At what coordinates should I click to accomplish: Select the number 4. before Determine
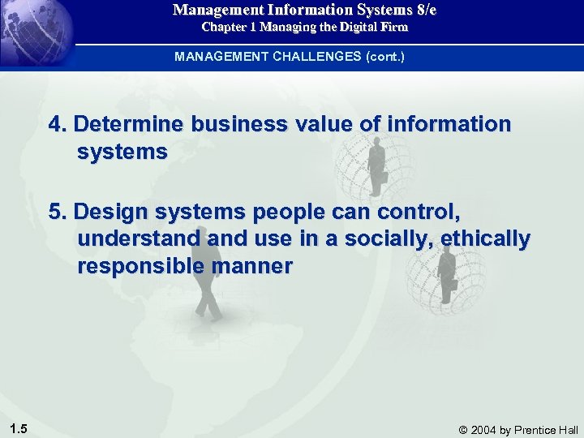click(58, 124)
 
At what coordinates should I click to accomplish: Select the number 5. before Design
click(58, 212)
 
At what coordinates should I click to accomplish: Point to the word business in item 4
click(238, 124)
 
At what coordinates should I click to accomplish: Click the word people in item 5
click(289, 213)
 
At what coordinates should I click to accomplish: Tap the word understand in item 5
click(139, 239)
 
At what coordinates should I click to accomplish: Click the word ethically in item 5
click(486, 240)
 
